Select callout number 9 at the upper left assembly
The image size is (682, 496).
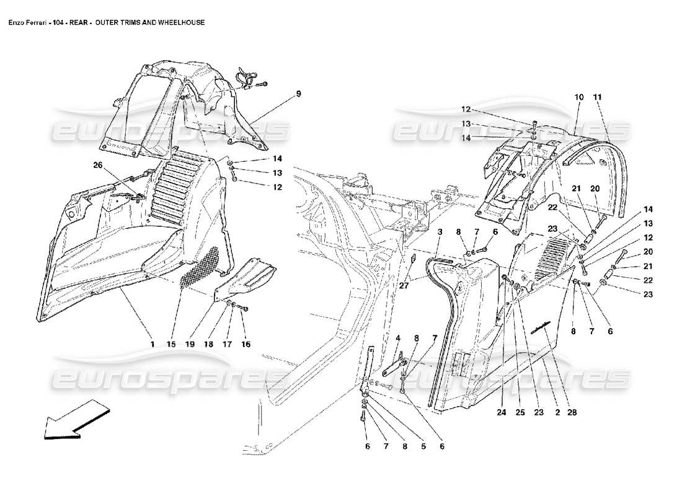click(x=298, y=94)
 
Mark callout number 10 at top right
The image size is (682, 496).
click(x=579, y=97)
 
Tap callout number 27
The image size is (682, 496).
click(x=404, y=286)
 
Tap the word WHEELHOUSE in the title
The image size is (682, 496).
click(x=180, y=22)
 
